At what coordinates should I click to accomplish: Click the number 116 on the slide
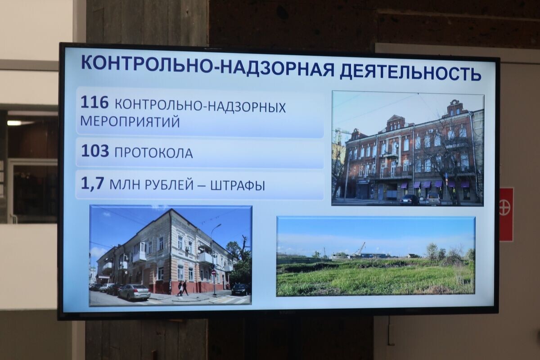94,103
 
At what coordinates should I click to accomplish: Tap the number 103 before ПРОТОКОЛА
95,151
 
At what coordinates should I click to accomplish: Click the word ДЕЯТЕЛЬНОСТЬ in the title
410,72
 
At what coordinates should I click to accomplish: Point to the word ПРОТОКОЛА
153,153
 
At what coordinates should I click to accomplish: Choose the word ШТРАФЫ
237,185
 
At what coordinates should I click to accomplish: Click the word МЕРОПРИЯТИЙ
130,122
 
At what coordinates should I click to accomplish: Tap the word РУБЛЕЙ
171,185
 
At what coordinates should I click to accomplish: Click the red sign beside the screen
506,214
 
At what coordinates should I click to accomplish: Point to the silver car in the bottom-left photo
134,292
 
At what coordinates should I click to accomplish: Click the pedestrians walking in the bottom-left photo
183,288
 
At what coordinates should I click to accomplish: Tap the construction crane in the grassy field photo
360,248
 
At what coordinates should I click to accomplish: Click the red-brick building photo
408,148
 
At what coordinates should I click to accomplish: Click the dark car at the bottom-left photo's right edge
240,289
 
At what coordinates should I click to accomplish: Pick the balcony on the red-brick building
390,153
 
